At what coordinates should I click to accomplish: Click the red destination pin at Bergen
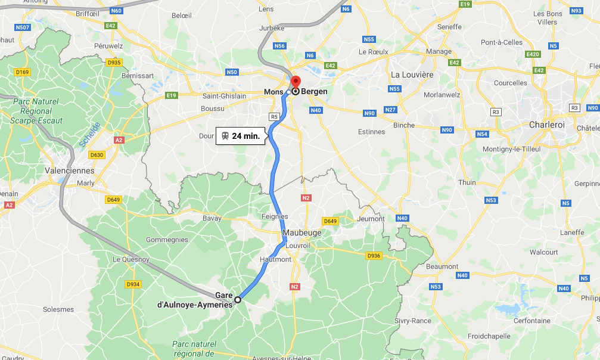[296, 82]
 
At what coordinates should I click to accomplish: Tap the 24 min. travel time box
[240, 136]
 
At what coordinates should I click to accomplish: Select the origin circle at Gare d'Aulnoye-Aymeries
[237, 300]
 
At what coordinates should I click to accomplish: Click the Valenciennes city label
[70, 170]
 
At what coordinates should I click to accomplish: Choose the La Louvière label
[412, 75]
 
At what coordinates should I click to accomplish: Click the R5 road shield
[274, 117]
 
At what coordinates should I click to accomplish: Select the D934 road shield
[133, 284]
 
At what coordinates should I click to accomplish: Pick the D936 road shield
[374, 256]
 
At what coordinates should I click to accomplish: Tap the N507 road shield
[23, 27]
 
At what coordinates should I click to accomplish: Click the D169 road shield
[22, 72]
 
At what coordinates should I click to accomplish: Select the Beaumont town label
[443, 266]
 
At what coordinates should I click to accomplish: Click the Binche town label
[404, 125]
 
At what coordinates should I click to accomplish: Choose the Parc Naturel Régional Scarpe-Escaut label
[36, 111]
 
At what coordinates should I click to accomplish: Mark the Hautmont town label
[275, 259]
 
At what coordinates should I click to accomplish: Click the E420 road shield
[533, 54]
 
